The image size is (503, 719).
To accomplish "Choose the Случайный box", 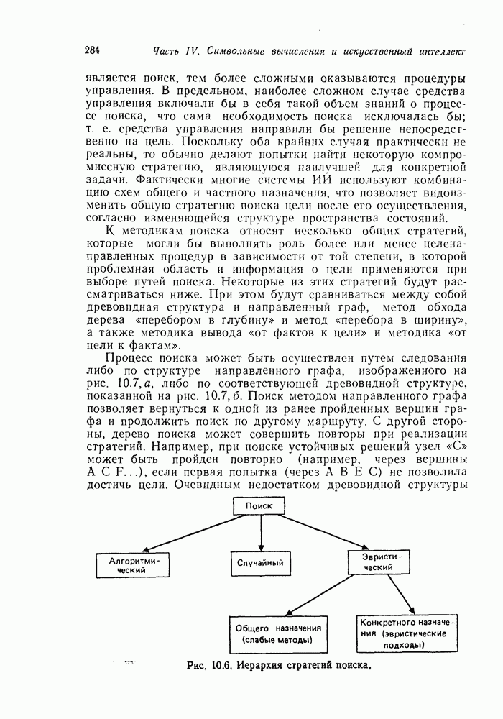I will point(260,563).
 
